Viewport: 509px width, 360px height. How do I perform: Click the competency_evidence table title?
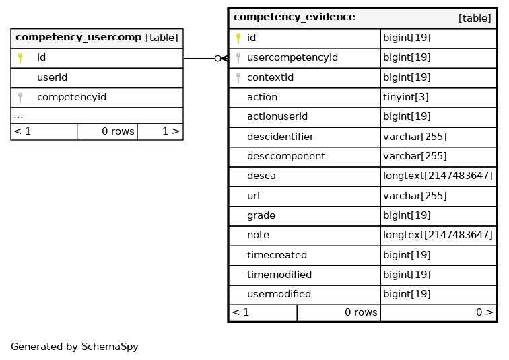pyautogui.click(x=294, y=17)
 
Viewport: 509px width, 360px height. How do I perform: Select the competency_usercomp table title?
pyautogui.click(x=79, y=37)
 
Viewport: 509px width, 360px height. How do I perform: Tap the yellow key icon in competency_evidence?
pyautogui.click(x=238, y=38)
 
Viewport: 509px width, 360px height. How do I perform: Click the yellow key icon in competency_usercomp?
pyautogui.click(x=20, y=58)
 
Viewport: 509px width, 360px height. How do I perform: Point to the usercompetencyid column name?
pyautogui.click(x=292, y=58)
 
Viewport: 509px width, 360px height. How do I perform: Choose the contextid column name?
pyautogui.click(x=270, y=77)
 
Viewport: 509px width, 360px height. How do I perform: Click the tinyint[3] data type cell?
pyautogui.click(x=406, y=97)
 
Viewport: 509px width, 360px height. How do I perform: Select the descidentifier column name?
pyautogui.click(x=281, y=137)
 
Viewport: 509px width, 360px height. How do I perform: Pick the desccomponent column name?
pyautogui.click(x=286, y=156)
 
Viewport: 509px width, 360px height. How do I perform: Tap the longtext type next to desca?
pyautogui.click(x=438, y=176)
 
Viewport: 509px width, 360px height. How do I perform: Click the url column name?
pyautogui.click(x=253, y=196)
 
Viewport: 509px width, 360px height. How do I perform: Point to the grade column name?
pyautogui.click(x=261, y=216)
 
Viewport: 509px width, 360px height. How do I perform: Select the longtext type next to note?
pyautogui.click(x=438, y=235)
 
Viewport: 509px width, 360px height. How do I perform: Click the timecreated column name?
pyautogui.click(x=277, y=255)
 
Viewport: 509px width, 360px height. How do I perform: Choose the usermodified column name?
pyautogui.click(x=279, y=294)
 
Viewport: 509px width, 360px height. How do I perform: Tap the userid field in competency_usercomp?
pyautogui.click(x=52, y=77)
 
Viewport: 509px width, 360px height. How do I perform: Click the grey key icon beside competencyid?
pyautogui.click(x=20, y=98)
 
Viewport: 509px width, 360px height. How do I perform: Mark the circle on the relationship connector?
pyautogui.click(x=218, y=59)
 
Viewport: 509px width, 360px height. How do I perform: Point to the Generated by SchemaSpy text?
pyautogui.click(x=75, y=347)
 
